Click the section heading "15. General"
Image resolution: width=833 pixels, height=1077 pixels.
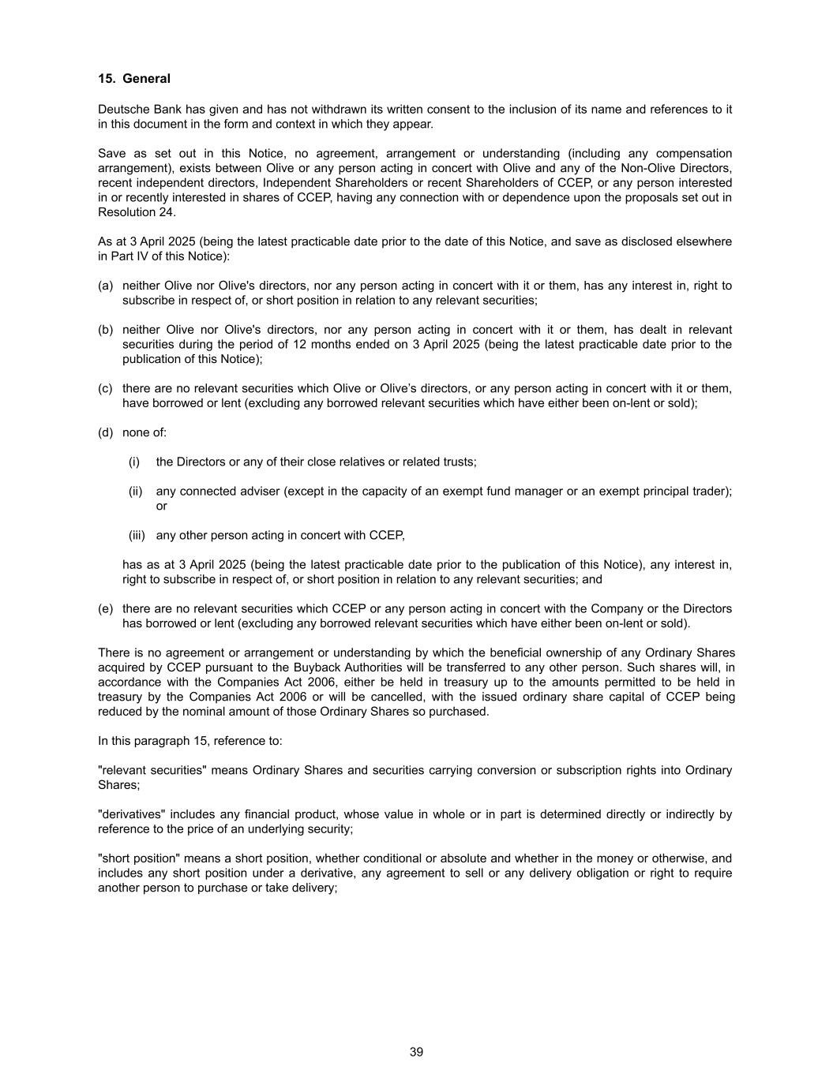click(134, 79)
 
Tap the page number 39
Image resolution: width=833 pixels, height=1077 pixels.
click(417, 1052)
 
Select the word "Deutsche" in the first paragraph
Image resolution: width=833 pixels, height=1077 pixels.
click(122, 110)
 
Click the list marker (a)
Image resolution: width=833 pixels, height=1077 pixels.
click(106, 286)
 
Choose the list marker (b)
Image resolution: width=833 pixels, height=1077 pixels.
click(106, 330)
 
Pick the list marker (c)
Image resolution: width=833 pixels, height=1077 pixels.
click(106, 388)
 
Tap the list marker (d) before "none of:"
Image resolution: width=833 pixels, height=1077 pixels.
click(106, 432)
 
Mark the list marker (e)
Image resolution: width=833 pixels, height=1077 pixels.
click(106, 608)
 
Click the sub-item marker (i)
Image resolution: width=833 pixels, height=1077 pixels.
click(134, 462)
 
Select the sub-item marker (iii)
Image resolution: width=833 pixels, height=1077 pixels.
click(137, 535)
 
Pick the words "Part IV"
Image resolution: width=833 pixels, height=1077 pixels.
click(133, 256)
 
